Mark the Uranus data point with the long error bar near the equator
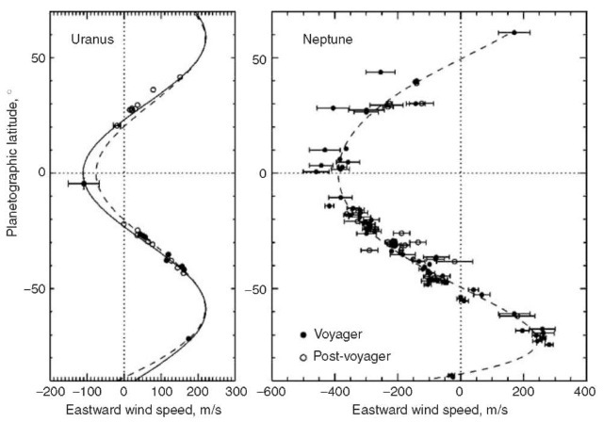tap(84, 184)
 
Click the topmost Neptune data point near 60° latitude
tap(513, 32)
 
